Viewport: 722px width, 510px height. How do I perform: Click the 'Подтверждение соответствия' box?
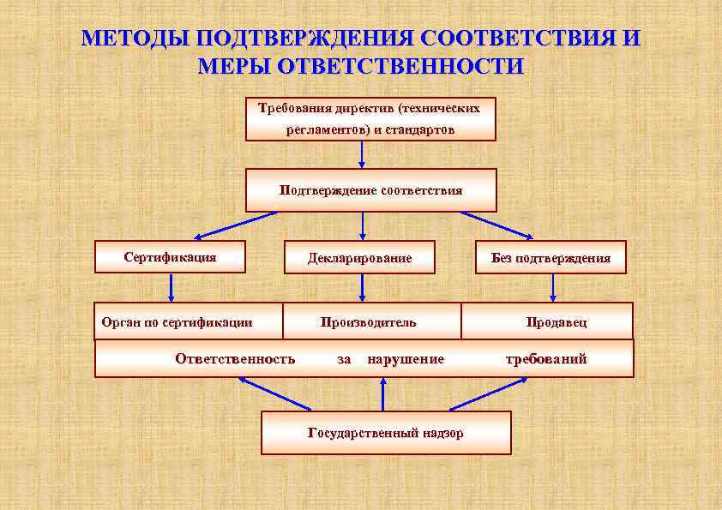[x=370, y=190]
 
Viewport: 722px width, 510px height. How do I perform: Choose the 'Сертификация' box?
[x=170, y=256]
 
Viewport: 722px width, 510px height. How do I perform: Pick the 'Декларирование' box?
[x=360, y=257]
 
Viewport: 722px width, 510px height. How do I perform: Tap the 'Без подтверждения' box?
[x=551, y=257]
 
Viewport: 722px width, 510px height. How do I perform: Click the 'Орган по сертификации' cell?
[x=177, y=322]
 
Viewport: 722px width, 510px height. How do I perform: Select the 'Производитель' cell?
[x=369, y=322]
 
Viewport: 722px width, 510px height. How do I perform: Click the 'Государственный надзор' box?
[x=386, y=433]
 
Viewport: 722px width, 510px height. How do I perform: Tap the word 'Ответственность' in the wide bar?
[x=235, y=359]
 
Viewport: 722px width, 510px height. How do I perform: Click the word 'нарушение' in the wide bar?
[x=406, y=359]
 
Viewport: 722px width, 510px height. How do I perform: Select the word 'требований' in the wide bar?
[x=546, y=359]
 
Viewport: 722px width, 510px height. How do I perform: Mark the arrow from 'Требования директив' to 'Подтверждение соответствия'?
[x=363, y=154]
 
